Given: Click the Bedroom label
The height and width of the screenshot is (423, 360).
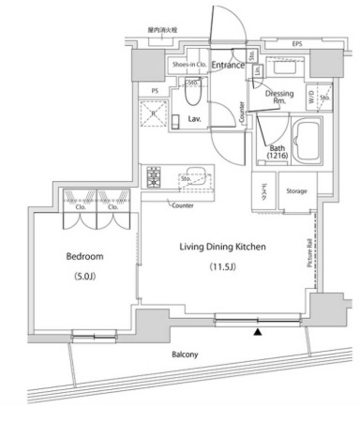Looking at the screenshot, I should pyautogui.click(x=84, y=256).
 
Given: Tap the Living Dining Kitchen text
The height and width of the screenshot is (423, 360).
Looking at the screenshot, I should pyautogui.click(x=223, y=247).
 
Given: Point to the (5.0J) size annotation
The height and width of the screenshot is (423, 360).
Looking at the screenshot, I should pyautogui.click(x=84, y=277).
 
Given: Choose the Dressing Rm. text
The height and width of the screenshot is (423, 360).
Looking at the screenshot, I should pyautogui.click(x=279, y=98).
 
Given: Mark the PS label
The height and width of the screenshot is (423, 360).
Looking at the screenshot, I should pyautogui.click(x=154, y=90).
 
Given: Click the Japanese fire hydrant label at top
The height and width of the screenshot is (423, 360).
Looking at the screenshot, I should pyautogui.click(x=162, y=30).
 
